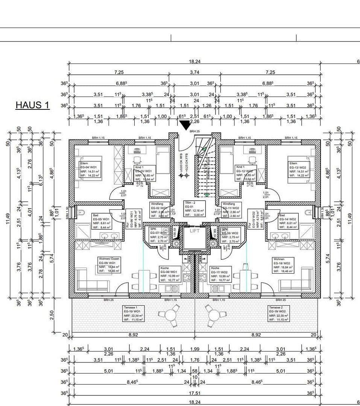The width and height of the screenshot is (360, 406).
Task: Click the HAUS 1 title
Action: (x=32, y=105)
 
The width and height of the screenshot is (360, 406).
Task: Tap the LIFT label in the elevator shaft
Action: (x=194, y=231)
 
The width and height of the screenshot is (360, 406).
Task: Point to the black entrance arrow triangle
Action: (x=185, y=126)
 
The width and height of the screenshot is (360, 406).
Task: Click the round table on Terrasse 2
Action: (x=214, y=314)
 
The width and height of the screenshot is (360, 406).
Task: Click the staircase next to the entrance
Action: (x=203, y=169)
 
